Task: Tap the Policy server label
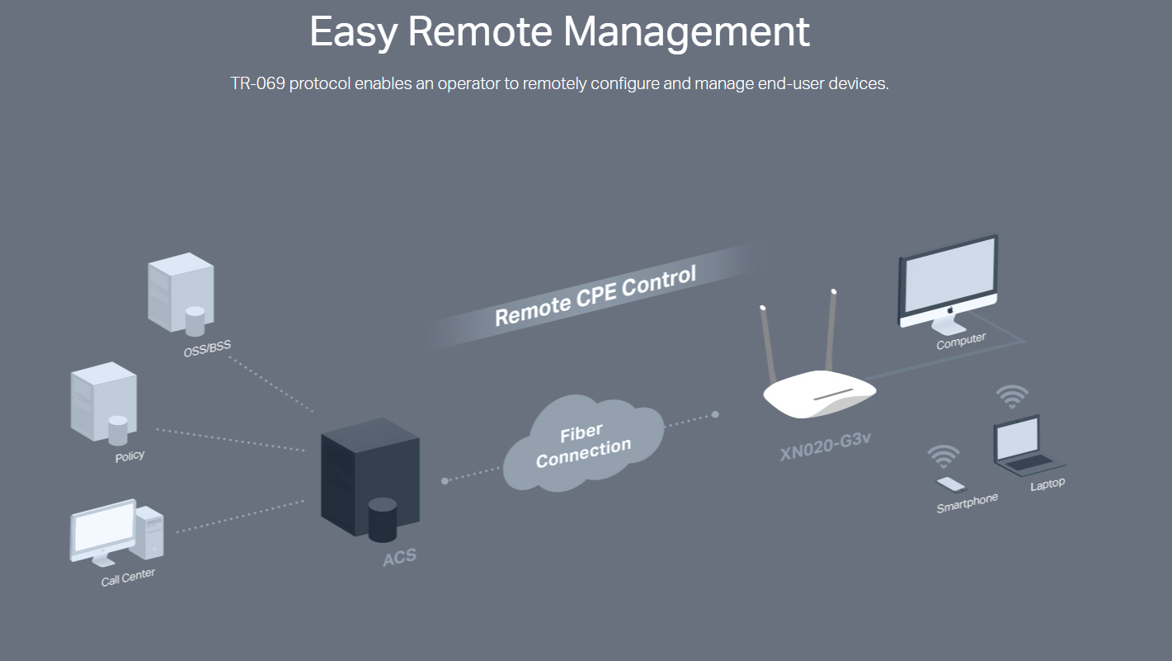[129, 456]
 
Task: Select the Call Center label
[128, 577]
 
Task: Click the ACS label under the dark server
[400, 557]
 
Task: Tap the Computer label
[961, 341]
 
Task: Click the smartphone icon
[950, 484]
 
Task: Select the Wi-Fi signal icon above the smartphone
[944, 456]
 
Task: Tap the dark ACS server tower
[369, 479]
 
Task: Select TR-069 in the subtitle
[257, 84]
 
